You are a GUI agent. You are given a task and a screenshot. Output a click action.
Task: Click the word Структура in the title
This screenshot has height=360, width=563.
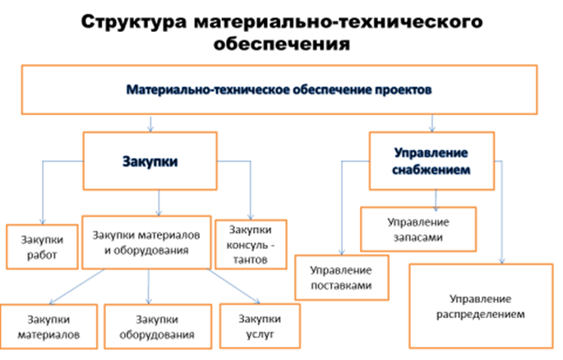[x=134, y=22]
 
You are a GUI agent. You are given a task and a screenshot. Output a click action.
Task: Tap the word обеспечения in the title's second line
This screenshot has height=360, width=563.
[x=281, y=44]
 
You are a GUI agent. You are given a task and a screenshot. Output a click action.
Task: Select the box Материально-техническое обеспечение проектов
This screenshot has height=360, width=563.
[x=279, y=90]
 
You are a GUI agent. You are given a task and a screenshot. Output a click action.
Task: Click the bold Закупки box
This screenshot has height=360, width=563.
[x=150, y=161]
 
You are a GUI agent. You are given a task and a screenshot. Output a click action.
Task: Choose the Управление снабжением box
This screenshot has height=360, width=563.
[x=431, y=161]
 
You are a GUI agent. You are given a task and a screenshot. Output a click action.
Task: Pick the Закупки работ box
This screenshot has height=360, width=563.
[x=42, y=247]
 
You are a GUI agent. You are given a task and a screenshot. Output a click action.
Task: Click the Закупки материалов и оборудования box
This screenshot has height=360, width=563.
[x=146, y=242]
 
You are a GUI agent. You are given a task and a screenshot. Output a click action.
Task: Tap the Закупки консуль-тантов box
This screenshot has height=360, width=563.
[x=251, y=244]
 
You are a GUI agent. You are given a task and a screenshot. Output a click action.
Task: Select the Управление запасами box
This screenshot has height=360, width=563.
[x=418, y=229]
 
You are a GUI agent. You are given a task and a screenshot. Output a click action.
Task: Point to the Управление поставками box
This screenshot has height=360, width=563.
[x=341, y=278]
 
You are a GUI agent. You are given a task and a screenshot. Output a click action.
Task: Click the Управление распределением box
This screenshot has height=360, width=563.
[x=481, y=306]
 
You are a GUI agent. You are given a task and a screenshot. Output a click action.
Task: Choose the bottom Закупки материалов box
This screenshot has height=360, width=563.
[x=48, y=326]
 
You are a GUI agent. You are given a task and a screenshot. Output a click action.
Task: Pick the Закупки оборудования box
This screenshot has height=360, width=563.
[x=158, y=326]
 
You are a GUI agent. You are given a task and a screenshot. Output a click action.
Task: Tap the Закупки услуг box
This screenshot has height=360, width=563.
[x=260, y=326]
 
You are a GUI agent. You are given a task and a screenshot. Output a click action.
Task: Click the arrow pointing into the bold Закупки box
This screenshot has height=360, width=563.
[x=150, y=123]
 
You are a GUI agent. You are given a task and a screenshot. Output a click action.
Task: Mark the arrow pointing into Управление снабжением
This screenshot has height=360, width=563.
[x=432, y=123]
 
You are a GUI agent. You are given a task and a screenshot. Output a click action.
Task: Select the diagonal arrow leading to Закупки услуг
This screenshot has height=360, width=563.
[x=234, y=286]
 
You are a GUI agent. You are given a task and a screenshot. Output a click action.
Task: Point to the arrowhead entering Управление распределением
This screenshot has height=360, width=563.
[x=501, y=261]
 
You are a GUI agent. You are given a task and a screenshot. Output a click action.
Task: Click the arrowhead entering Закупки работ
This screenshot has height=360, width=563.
[x=43, y=222]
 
